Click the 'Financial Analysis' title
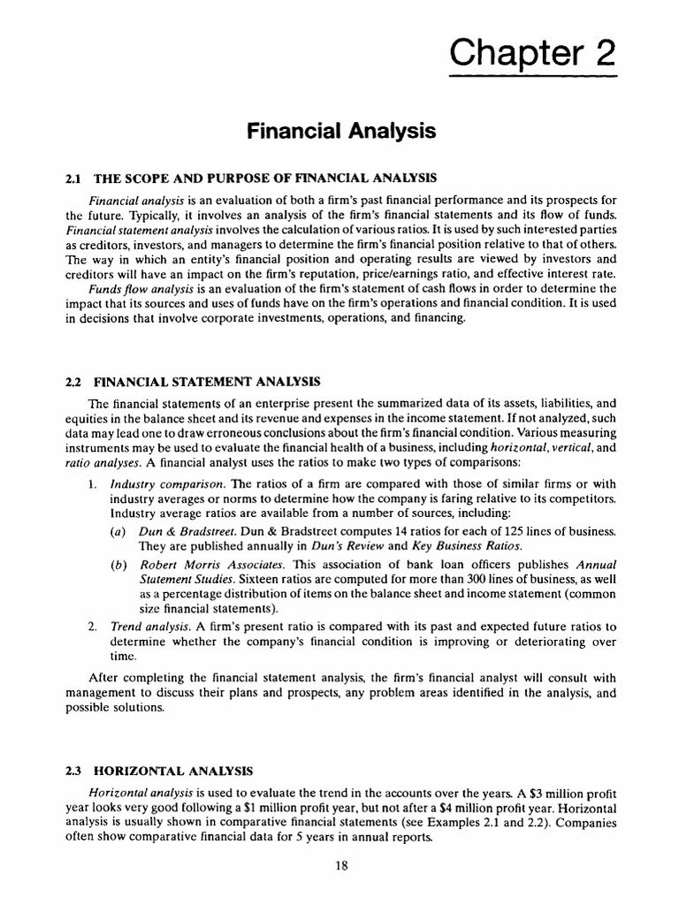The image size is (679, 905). point(340,132)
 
